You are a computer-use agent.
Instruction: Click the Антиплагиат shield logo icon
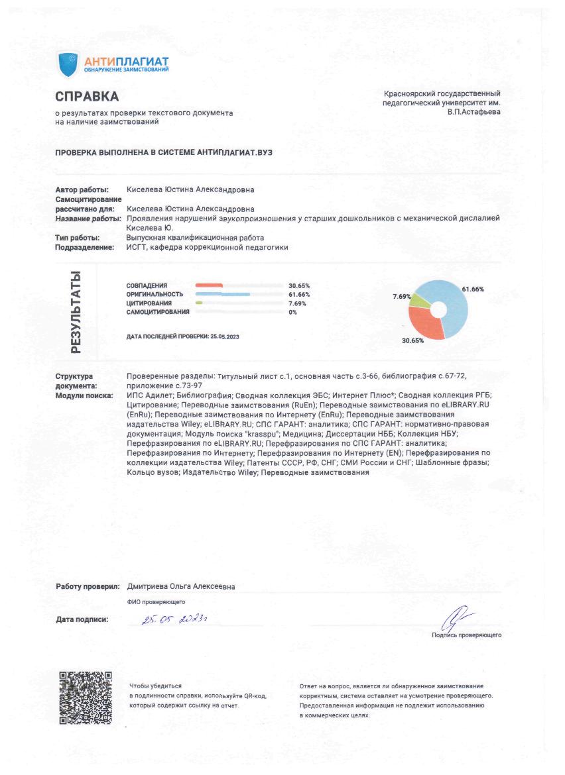point(68,64)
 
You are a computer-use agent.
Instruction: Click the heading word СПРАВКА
point(87,97)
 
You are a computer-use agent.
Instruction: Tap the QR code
point(86,697)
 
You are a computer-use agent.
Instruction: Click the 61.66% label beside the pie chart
point(473,289)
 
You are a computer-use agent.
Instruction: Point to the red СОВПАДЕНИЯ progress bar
point(209,285)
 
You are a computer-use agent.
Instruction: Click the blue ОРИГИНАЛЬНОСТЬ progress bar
point(222,293)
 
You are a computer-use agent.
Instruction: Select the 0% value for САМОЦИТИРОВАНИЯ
point(292,311)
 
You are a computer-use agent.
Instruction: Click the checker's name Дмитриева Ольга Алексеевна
point(181,586)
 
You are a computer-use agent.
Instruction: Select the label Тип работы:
point(78,237)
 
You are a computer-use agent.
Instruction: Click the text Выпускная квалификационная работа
point(195,237)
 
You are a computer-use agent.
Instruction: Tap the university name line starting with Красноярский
point(442,94)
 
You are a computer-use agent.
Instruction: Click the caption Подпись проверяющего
point(466,635)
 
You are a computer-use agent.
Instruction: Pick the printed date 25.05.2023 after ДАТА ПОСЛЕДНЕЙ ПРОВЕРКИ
point(224,336)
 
